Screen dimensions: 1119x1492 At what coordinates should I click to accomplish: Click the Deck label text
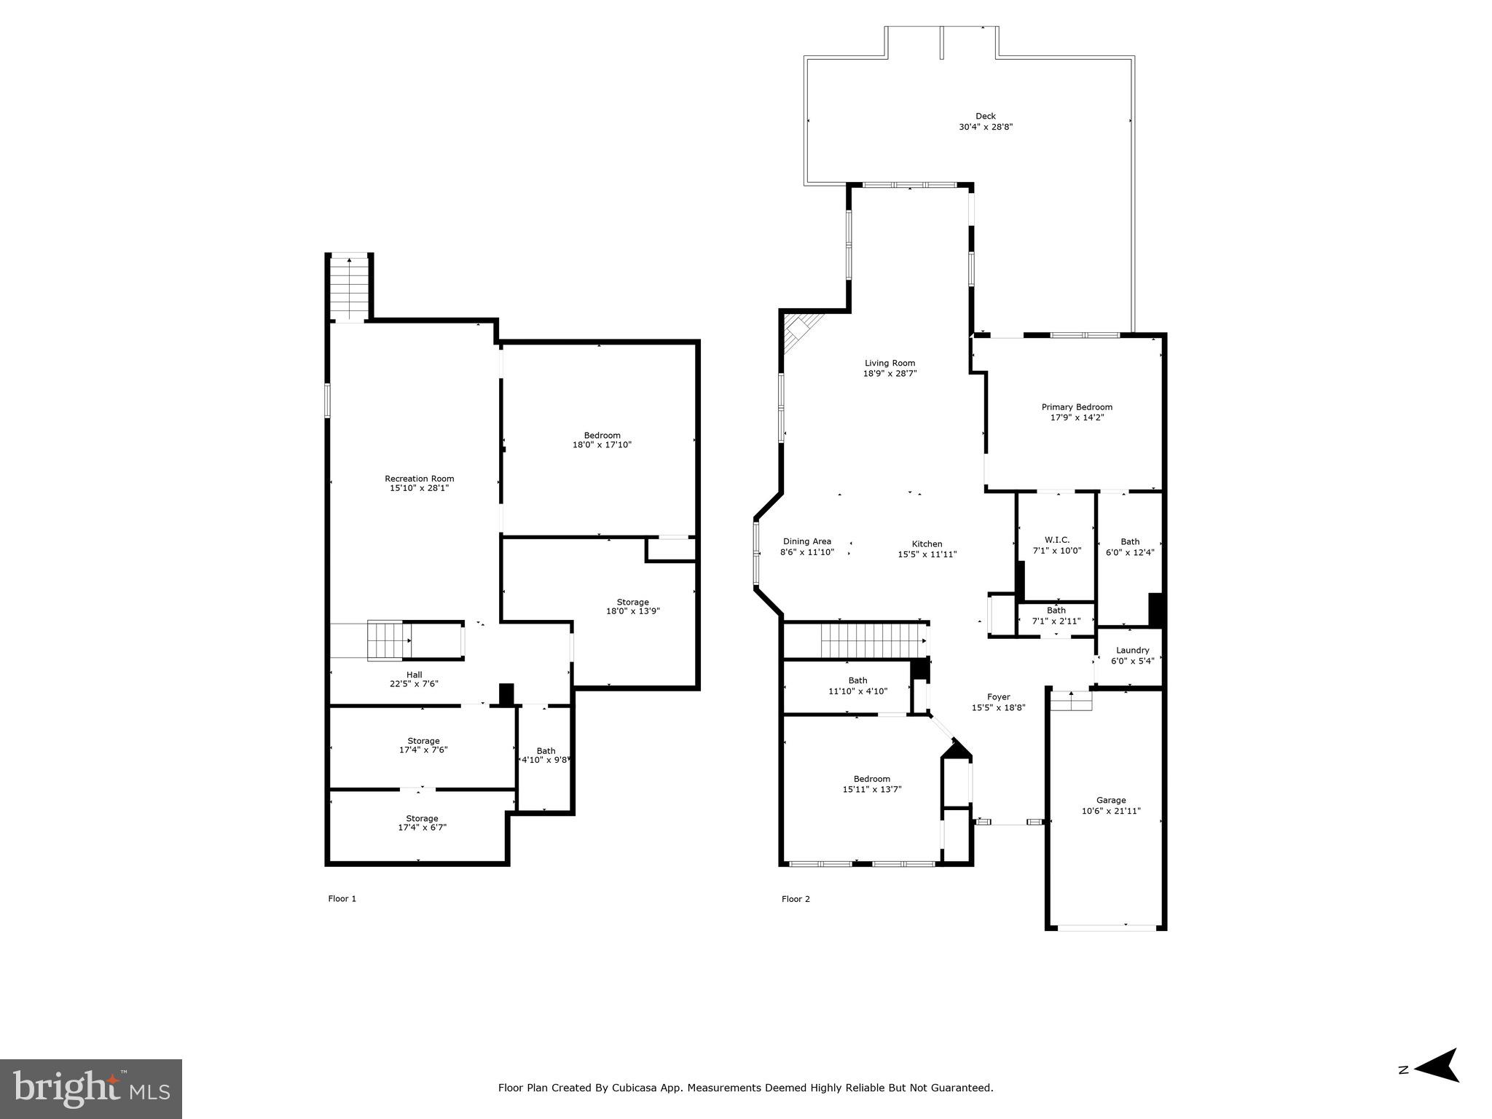click(985, 116)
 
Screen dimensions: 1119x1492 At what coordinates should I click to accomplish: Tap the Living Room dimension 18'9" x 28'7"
click(890, 374)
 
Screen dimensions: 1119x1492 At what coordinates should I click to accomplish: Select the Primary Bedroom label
click(1076, 407)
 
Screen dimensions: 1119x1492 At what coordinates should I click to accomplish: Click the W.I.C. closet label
click(1056, 540)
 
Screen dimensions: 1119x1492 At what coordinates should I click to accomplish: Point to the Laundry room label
click(1132, 651)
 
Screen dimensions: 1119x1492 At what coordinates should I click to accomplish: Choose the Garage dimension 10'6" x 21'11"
click(1111, 811)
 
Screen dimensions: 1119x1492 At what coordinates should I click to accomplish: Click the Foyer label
click(998, 697)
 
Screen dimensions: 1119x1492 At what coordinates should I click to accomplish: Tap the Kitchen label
click(927, 544)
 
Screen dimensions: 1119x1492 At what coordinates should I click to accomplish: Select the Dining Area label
click(806, 541)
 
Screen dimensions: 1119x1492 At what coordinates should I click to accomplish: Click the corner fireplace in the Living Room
click(800, 331)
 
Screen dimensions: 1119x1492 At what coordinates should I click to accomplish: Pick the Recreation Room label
click(419, 479)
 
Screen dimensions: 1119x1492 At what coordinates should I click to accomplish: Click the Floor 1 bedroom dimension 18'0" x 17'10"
click(602, 444)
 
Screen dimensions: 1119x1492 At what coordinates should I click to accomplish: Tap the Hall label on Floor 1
click(414, 675)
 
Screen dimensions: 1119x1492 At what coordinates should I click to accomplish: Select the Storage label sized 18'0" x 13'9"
click(632, 602)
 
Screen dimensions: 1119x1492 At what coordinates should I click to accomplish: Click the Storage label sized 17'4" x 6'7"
click(422, 818)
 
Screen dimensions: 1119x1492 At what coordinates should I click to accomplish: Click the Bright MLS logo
click(91, 1089)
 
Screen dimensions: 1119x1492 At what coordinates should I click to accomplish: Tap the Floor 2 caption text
click(796, 899)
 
